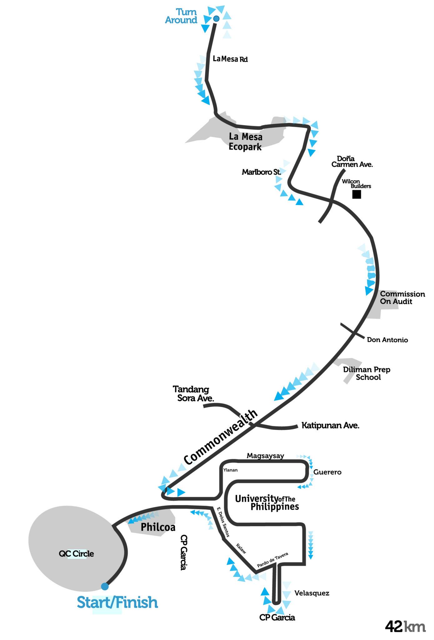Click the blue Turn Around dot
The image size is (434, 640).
pyautogui.click(x=216, y=19)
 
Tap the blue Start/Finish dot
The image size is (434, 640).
pyautogui.click(x=105, y=586)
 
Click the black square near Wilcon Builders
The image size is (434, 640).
pyautogui.click(x=357, y=194)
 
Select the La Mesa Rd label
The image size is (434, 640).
pyautogui.click(x=230, y=59)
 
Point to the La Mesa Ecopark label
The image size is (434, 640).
pyautogui.click(x=246, y=142)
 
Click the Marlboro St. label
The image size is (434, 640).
pyautogui.click(x=262, y=172)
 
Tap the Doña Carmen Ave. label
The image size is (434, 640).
pyautogui.click(x=352, y=162)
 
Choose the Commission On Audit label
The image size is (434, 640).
pyautogui.click(x=402, y=297)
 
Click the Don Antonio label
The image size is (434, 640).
pyautogui.click(x=387, y=340)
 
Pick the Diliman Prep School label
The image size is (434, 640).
pyautogui.click(x=367, y=373)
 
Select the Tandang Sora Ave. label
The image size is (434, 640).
pyautogui.click(x=193, y=393)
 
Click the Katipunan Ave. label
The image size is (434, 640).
pyautogui.click(x=330, y=425)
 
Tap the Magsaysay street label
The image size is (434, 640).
pyautogui.click(x=265, y=456)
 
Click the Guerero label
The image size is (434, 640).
pyautogui.click(x=327, y=472)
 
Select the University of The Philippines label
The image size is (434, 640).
pyautogui.click(x=267, y=502)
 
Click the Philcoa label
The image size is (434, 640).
pyautogui.click(x=158, y=527)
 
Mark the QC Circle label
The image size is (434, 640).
pyautogui.click(x=76, y=553)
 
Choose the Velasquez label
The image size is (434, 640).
pyautogui.click(x=312, y=593)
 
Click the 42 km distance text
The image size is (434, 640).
pyautogui.click(x=405, y=627)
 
